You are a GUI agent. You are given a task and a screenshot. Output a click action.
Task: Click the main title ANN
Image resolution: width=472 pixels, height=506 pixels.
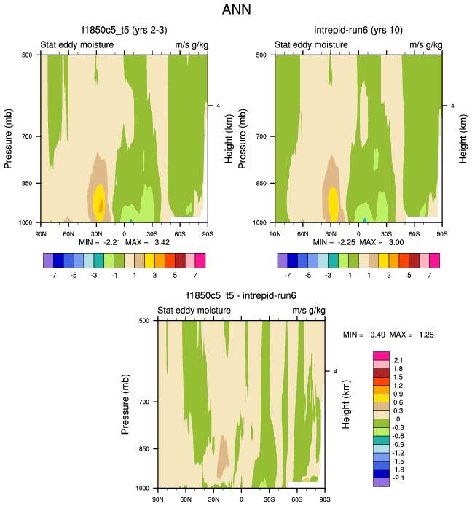point(235,11)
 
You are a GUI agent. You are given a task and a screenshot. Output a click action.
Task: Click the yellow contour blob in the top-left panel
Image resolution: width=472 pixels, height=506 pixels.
point(100,199)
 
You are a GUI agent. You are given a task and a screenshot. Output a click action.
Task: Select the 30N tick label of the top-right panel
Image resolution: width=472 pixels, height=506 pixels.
point(331,233)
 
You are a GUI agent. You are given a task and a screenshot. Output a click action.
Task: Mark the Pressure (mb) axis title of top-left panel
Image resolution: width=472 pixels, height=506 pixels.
point(9,139)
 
